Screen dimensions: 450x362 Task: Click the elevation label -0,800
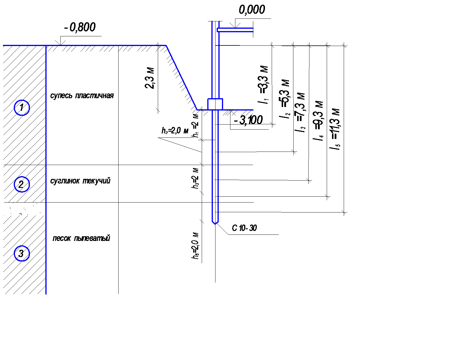coord(80,27)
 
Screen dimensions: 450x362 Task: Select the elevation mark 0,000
coord(252,10)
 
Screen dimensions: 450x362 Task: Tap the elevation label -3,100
coord(248,120)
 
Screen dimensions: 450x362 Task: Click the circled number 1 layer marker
coord(22,108)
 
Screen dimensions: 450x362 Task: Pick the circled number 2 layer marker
coord(22,184)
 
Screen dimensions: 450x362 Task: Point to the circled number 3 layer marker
coord(22,253)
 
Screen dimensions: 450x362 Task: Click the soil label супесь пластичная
coord(82,96)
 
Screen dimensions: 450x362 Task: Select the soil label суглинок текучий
coord(80,181)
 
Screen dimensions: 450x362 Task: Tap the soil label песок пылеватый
coord(81,238)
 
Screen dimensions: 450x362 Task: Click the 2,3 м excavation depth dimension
coord(150,78)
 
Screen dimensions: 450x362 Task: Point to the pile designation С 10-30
coord(244,228)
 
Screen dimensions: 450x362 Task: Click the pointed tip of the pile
coord(215,223)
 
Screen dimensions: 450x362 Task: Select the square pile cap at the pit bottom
coord(215,104)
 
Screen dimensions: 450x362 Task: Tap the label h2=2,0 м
coord(175,130)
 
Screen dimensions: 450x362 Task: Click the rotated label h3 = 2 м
coord(196,178)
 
